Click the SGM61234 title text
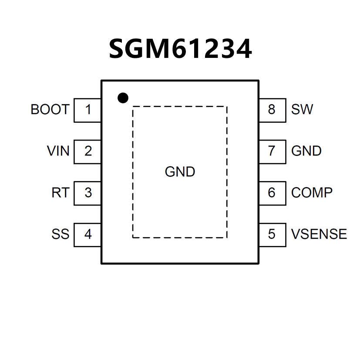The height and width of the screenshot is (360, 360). [180, 49]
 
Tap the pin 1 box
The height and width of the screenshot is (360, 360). [88, 110]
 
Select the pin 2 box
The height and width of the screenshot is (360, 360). [88, 151]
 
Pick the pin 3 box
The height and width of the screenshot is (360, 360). [88, 193]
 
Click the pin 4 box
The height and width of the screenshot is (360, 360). [88, 235]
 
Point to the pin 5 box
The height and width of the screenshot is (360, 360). [272, 235]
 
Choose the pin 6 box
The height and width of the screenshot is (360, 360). [272, 193]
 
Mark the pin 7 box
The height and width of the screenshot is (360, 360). [272, 151]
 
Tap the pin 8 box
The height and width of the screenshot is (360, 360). [272, 110]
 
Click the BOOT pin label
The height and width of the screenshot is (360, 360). [50, 110]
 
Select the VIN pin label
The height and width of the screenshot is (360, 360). [58, 151]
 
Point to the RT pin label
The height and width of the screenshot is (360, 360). [61, 192]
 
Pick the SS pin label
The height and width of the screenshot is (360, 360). [61, 234]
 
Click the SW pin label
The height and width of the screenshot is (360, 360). [302, 110]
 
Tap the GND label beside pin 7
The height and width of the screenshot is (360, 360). [306, 151]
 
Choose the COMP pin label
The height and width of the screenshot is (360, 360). [312, 192]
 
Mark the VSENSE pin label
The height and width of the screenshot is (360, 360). [319, 234]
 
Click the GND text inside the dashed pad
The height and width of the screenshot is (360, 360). [180, 172]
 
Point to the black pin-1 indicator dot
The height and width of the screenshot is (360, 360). [123, 98]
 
